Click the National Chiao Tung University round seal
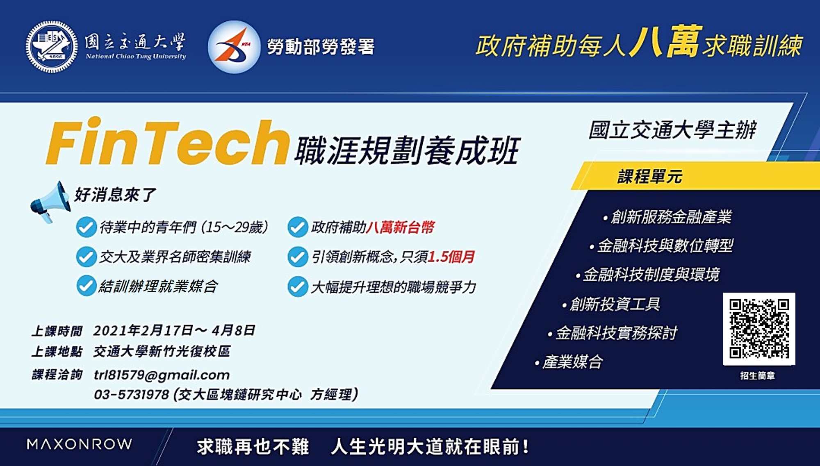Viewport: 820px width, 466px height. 52,47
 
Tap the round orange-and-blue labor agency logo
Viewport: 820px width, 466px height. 234,47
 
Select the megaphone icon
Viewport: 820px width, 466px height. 50,202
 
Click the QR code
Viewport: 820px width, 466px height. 759,329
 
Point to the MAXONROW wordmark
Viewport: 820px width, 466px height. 79,444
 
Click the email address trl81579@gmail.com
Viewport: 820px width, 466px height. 162,375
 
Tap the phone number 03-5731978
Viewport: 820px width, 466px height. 131,394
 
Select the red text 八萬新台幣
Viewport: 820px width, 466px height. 400,227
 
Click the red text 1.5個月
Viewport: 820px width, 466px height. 451,257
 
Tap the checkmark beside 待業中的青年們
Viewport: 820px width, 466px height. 87,227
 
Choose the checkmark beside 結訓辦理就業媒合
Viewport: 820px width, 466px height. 87,286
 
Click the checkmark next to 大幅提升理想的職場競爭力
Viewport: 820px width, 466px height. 298,286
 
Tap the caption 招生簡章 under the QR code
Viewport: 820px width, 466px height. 758,375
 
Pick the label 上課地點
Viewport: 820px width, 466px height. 57,351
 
